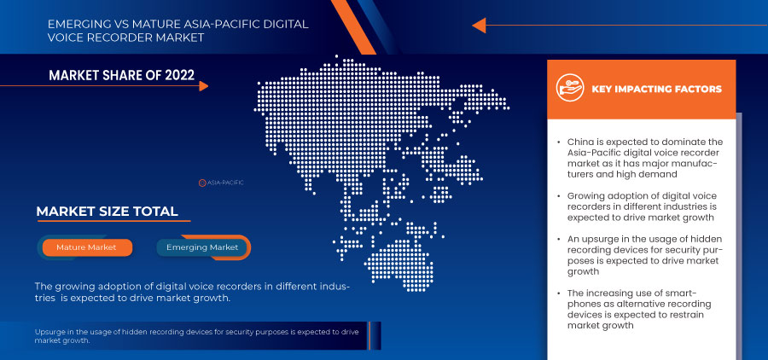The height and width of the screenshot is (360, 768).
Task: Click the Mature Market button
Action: [86, 247]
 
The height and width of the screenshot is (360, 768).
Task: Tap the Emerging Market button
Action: [202, 247]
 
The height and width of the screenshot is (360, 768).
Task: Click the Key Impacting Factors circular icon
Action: [570, 88]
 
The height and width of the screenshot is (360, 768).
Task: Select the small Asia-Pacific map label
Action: [221, 183]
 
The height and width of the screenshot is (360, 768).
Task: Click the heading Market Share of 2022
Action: [121, 75]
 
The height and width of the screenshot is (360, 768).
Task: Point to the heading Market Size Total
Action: [107, 212]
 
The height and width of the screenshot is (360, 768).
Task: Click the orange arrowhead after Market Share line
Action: [204, 86]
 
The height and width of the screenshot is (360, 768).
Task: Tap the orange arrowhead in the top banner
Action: [479, 25]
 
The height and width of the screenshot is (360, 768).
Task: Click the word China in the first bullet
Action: [579, 142]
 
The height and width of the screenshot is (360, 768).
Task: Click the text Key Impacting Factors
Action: [657, 89]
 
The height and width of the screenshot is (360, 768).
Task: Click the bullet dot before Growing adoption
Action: [559, 196]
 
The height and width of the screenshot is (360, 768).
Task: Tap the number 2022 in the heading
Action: [180, 75]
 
